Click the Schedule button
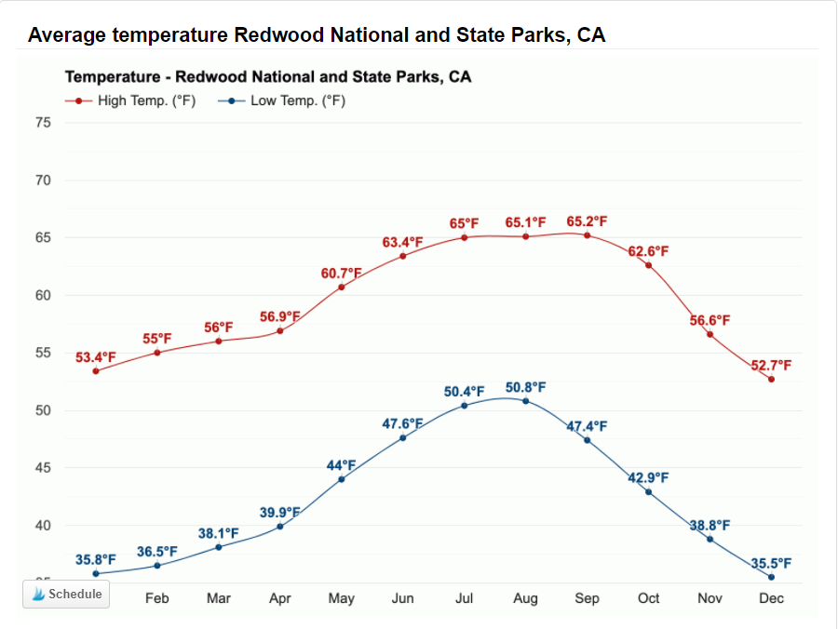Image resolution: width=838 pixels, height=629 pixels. coord(66,594)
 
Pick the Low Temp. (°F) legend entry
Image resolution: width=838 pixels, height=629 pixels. coord(288,100)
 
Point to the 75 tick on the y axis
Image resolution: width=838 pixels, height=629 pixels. coord(43,123)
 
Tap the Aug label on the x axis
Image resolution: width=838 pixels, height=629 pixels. coord(525,598)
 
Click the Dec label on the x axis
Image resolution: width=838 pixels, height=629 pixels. coord(771,598)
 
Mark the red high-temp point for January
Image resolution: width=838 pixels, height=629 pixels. coord(96,371)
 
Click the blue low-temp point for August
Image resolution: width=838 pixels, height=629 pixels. coord(526,401)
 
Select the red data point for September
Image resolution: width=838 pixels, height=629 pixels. coord(588,235)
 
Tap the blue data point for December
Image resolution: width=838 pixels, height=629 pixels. coord(772,577)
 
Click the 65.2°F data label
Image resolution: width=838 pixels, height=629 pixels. coord(587,221)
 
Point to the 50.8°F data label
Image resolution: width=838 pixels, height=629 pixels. coord(525,387)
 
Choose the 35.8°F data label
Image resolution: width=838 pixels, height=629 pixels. coord(96,559)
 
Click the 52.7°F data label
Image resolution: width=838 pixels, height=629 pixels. coord(772,365)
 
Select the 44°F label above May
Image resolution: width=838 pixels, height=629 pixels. coord(341,465)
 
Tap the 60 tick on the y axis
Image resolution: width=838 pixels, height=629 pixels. coord(43,295)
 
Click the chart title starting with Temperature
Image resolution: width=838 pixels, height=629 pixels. coord(267,76)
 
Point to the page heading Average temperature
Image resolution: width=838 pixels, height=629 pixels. coord(317,35)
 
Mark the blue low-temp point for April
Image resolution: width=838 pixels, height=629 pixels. coord(280,527)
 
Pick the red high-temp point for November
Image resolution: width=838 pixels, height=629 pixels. coord(710,334)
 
